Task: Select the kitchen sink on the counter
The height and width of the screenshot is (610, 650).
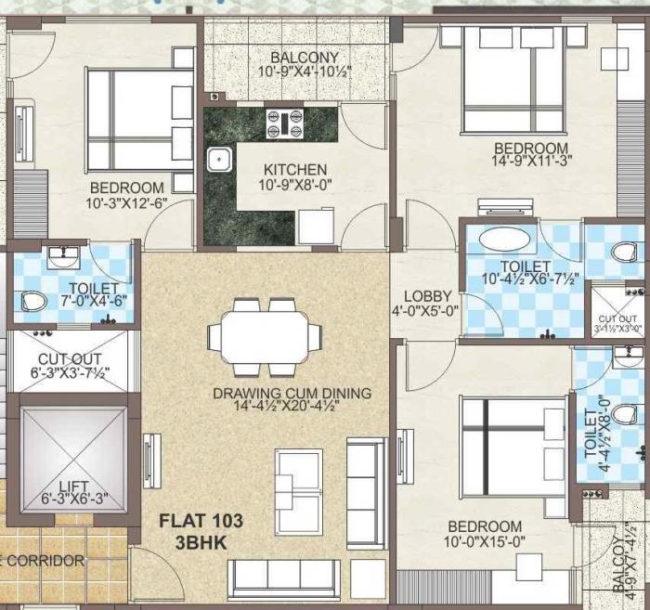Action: [219, 160]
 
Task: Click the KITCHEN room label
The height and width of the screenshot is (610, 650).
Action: [294, 170]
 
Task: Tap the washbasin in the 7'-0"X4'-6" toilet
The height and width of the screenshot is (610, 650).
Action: [65, 253]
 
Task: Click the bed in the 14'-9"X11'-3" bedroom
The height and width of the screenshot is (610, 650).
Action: [513, 79]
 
